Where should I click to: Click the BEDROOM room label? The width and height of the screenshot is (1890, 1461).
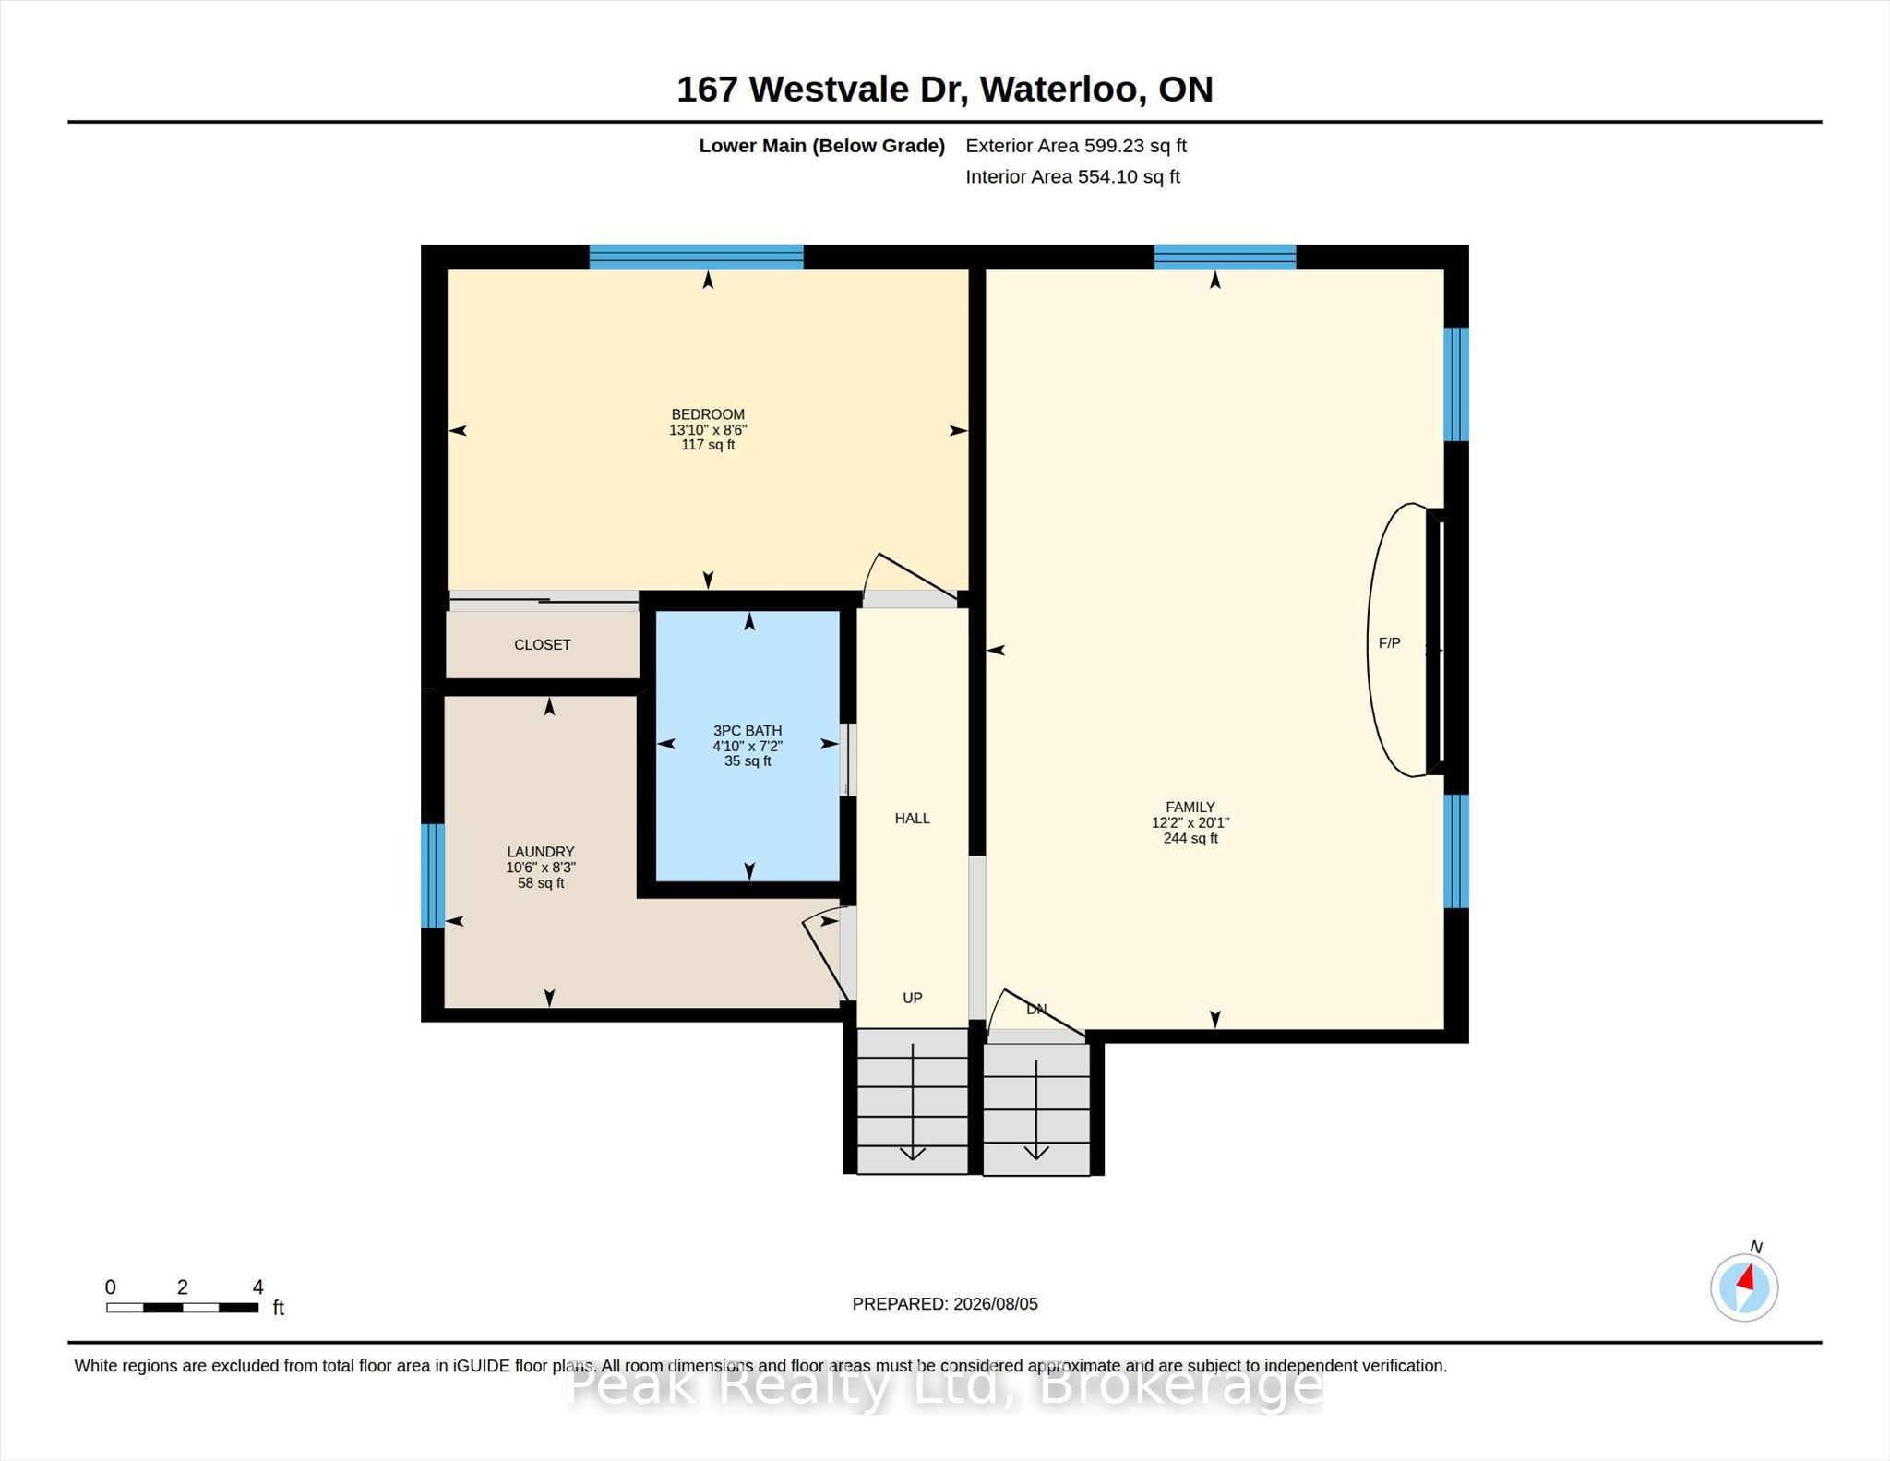point(708,414)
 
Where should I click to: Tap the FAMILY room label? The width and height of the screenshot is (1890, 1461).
point(1190,807)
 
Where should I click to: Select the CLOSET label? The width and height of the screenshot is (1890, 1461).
point(543,645)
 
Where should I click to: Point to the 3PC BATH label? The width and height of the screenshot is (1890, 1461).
point(748,730)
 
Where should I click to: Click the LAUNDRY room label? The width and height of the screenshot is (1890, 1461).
point(541,852)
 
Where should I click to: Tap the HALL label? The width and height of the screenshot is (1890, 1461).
point(913,819)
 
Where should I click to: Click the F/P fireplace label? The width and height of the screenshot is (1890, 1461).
point(1390,643)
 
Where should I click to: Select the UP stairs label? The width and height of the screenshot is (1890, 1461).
point(913,998)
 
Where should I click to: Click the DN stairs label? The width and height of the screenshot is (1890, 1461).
point(1036,1009)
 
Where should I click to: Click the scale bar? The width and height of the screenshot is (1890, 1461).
point(182,1307)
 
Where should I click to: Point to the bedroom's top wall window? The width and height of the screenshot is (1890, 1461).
point(697,257)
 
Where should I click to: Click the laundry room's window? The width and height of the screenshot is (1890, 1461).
point(433,875)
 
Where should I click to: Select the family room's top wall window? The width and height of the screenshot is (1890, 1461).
point(1226,257)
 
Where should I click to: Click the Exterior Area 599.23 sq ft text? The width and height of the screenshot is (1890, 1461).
point(1076,146)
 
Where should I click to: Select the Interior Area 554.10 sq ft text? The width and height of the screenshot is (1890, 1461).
point(1073,177)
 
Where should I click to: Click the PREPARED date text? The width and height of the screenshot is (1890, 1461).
point(945,1304)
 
